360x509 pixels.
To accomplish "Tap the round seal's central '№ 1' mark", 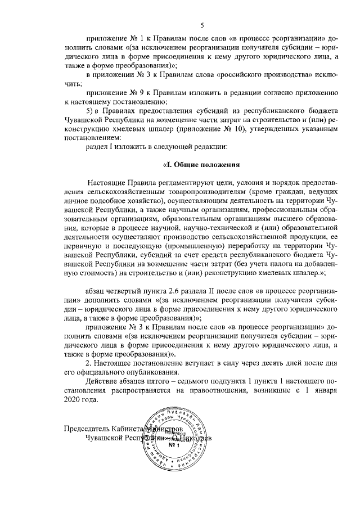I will point(174,445).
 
